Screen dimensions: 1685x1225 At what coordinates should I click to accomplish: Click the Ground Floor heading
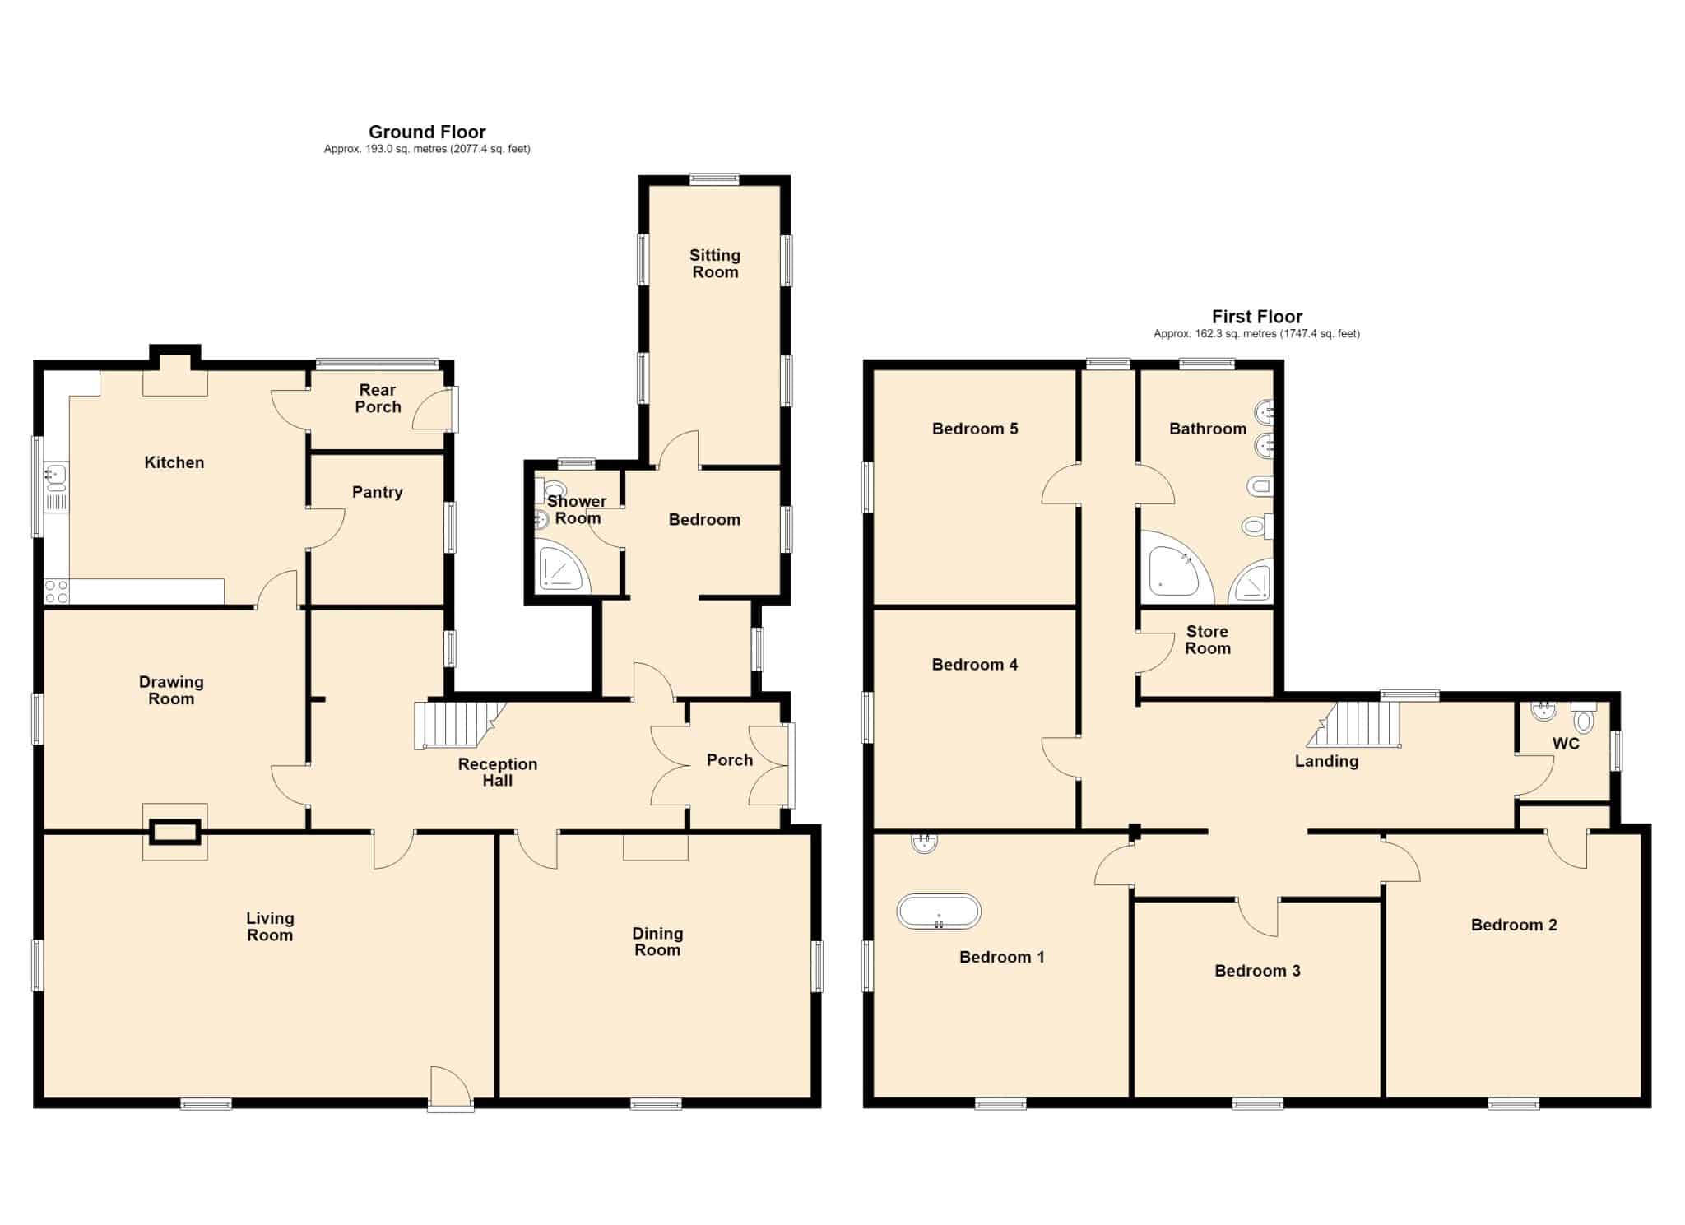tap(427, 132)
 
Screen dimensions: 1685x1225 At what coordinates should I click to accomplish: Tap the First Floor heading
tap(1256, 317)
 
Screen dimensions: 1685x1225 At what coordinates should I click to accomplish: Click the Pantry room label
tap(378, 492)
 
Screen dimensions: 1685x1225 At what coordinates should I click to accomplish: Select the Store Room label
tap(1207, 639)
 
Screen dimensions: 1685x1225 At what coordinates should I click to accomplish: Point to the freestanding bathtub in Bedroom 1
tap(939, 911)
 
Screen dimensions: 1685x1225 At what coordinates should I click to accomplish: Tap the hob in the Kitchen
tap(57, 591)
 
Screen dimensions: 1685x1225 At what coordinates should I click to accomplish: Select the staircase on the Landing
tap(1354, 725)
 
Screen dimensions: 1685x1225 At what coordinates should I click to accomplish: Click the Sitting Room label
tap(715, 263)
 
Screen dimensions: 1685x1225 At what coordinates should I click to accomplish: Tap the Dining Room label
tap(657, 941)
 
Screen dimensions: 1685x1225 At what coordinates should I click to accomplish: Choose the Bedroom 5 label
tap(975, 429)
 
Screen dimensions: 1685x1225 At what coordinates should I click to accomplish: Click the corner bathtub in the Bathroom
tap(1177, 564)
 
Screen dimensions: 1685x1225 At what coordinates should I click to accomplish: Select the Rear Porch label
tap(378, 398)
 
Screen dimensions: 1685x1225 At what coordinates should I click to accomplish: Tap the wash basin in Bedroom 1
tap(925, 843)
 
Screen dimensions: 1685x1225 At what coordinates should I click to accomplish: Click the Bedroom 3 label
tap(1257, 971)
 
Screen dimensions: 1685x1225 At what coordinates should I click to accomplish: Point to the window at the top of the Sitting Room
tap(714, 179)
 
